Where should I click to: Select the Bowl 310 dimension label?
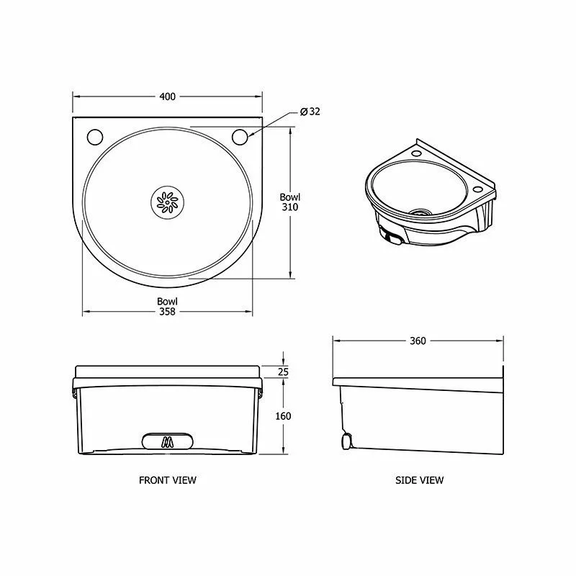click(x=290, y=202)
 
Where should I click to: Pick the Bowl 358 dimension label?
click(x=168, y=306)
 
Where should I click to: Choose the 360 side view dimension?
click(x=417, y=341)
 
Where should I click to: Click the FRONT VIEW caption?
click(x=168, y=480)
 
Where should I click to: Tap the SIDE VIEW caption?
click(x=420, y=480)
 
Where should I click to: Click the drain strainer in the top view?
click(x=167, y=202)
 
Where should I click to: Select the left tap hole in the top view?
click(x=94, y=136)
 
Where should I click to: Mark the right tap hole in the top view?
click(x=240, y=136)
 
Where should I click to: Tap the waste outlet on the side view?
click(x=346, y=438)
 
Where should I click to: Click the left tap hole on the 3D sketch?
click(x=417, y=153)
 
